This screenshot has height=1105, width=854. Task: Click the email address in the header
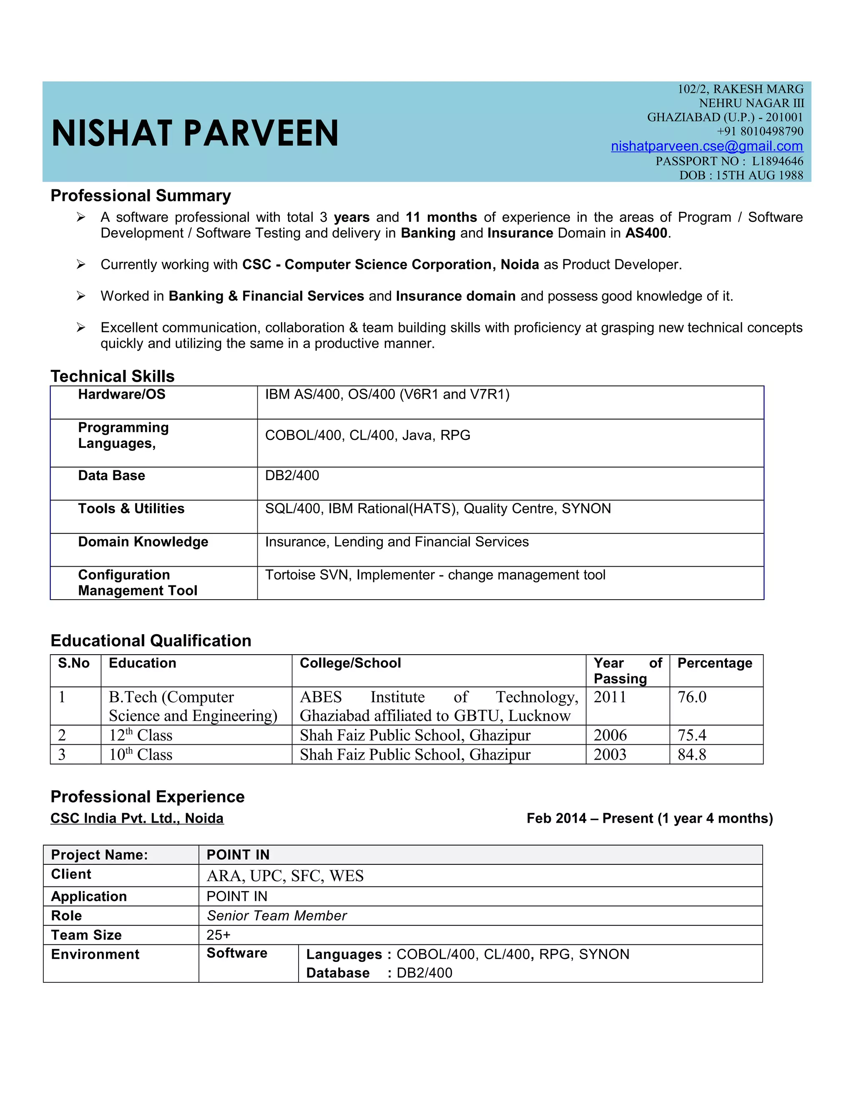(x=706, y=146)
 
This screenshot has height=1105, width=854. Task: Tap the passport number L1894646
(x=777, y=161)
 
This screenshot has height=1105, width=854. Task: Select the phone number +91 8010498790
(x=759, y=131)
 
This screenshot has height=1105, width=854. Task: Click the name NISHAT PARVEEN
(x=195, y=133)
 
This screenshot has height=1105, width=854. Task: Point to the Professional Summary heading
(x=141, y=196)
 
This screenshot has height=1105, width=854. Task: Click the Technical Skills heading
(x=112, y=377)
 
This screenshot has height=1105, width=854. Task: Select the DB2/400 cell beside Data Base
(x=292, y=476)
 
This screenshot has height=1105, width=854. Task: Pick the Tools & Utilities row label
(x=131, y=508)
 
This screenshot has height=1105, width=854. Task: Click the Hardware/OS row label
(x=121, y=394)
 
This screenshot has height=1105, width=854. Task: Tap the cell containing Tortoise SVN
(x=435, y=575)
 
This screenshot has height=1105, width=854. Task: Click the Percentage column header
(x=714, y=663)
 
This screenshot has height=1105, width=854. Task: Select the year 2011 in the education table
(x=610, y=697)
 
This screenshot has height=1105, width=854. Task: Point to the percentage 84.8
(x=692, y=754)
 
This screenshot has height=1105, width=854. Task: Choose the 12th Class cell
(x=141, y=735)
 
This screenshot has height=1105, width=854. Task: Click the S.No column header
(x=74, y=663)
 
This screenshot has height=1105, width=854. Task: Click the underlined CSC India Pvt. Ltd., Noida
(x=137, y=818)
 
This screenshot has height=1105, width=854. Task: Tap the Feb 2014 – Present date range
(x=649, y=818)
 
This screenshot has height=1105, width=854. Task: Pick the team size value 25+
(x=218, y=935)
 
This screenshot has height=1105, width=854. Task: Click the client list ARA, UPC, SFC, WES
(x=285, y=876)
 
